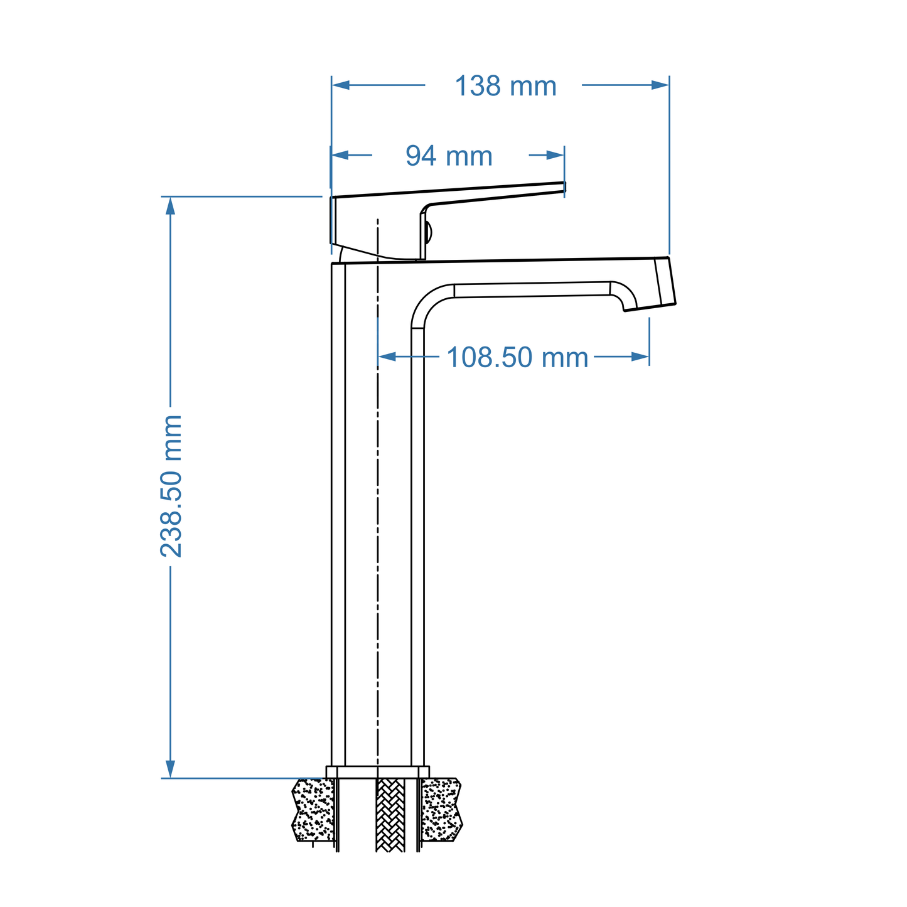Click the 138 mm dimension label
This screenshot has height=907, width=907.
click(505, 86)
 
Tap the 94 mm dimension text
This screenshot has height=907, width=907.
click(449, 156)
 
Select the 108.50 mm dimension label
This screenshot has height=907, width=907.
click(517, 358)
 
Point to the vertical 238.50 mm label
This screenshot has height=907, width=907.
click(171, 486)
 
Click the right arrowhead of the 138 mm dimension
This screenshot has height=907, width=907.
click(660, 85)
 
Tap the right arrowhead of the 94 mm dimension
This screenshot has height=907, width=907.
click(555, 155)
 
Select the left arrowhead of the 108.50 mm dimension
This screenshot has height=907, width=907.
click(387, 357)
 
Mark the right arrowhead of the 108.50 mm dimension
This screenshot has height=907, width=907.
click(640, 357)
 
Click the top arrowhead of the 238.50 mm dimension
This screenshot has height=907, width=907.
click(170, 206)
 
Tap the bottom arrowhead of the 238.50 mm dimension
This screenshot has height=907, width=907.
click(170, 769)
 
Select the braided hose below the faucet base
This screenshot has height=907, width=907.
click(390, 815)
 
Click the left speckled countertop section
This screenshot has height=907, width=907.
click(313, 810)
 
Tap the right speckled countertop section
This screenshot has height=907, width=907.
click(441, 810)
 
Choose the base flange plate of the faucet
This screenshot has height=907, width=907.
click(378, 772)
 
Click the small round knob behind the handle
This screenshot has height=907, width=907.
click(429, 232)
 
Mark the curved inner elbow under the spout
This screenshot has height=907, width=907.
click(427, 301)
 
